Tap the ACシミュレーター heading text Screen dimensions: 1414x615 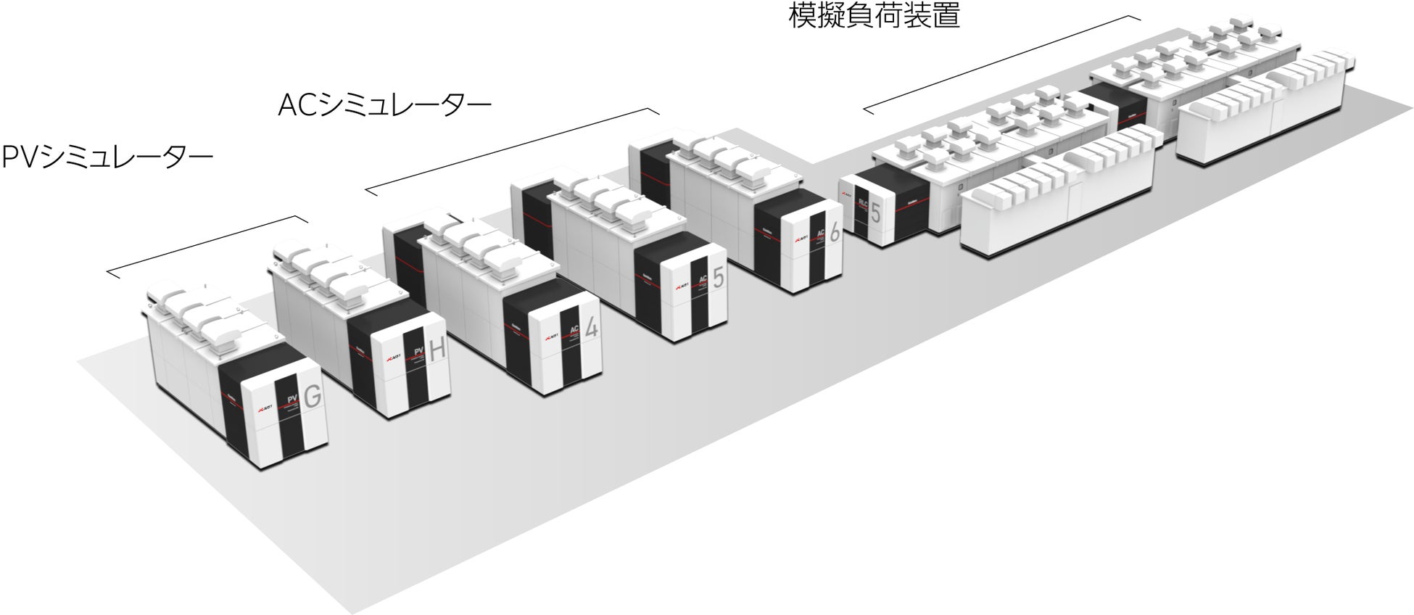[384, 106]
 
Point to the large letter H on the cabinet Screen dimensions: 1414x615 [437, 351]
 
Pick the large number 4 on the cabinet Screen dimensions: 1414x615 [592, 329]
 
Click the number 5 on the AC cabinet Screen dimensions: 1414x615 [718, 278]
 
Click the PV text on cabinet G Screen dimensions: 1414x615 [293, 399]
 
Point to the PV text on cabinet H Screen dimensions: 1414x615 [418, 353]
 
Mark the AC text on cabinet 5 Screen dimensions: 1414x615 [702, 280]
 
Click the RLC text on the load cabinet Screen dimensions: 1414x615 [863, 203]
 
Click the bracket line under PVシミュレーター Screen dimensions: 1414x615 [207, 244]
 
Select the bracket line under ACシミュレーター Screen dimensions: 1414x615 [511, 150]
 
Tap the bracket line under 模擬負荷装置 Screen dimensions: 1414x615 [1001, 64]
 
